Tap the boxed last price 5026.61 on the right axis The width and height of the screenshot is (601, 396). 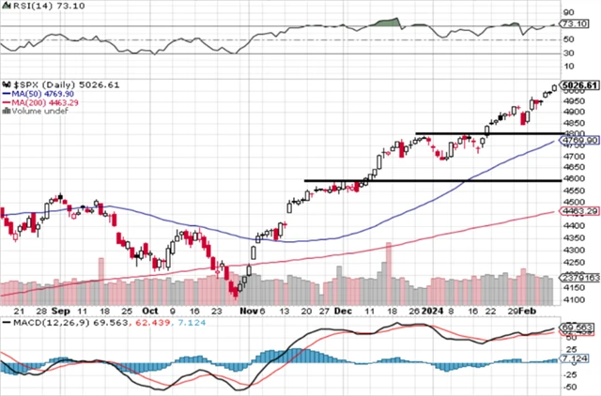point(579,85)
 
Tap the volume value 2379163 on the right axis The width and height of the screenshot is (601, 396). point(578,277)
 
